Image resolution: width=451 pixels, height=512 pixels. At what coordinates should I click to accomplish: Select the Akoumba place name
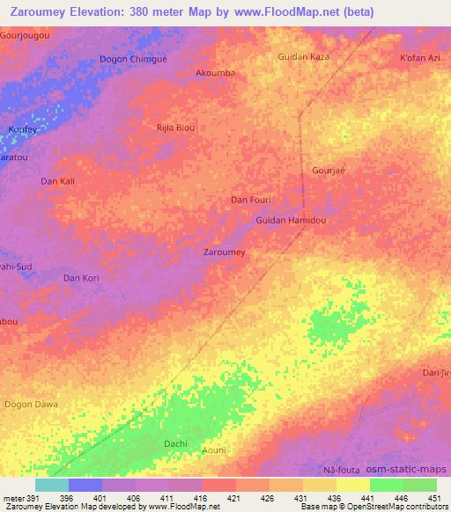coord(215,73)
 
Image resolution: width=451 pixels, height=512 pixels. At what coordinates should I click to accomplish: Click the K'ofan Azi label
coord(419,58)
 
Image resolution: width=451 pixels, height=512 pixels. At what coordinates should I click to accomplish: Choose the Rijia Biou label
coord(175,128)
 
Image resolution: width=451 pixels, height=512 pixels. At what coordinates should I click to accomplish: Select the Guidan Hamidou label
coord(291,221)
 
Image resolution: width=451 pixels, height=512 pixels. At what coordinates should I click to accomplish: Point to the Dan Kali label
coord(58,181)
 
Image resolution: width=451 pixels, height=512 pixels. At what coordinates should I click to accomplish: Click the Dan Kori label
coord(81,278)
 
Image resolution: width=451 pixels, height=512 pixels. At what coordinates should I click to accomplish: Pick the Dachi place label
coord(175,443)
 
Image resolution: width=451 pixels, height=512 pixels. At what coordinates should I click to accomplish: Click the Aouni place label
coord(214,450)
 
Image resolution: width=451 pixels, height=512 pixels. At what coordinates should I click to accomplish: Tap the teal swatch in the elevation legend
coord(51,485)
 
